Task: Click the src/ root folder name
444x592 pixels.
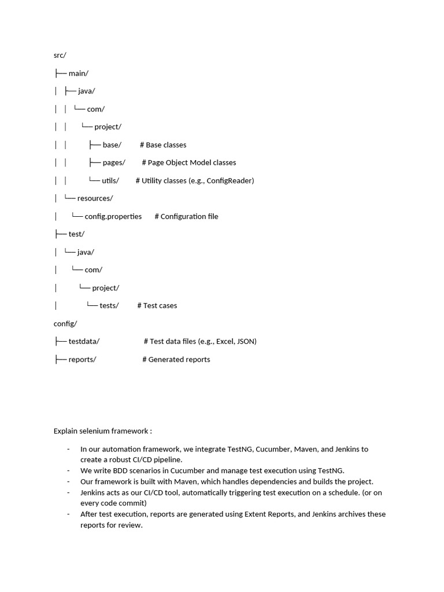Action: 60,55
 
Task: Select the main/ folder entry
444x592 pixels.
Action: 78,73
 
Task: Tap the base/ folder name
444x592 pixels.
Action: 112,145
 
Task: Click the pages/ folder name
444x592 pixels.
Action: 114,162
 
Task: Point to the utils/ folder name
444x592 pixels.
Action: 110,180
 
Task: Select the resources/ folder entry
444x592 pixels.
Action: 95,198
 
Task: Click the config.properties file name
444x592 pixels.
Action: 113,216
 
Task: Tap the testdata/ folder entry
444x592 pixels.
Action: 84,341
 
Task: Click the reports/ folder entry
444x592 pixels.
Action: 82,359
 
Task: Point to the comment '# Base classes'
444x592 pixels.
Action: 163,145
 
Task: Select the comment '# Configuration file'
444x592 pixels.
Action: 186,216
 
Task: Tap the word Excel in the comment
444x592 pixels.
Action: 224,341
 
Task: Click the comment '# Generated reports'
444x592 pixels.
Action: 176,359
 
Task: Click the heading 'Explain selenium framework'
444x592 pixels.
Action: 103,431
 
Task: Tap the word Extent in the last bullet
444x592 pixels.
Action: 256,514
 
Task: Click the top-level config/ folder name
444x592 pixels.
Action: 65,323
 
